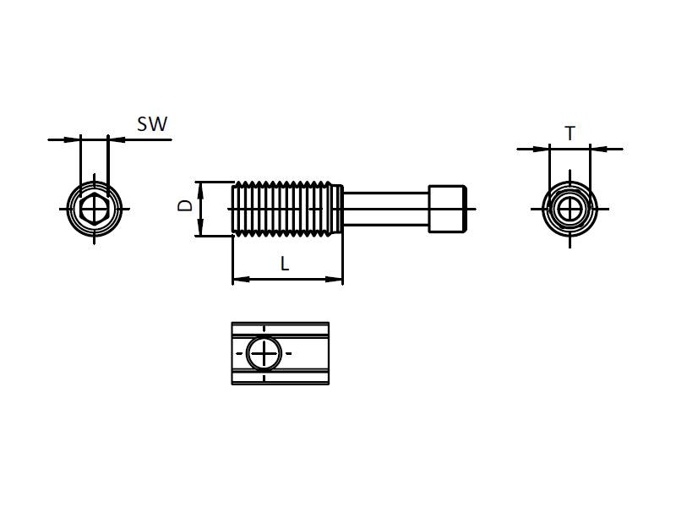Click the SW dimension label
[152, 124]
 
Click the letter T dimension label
[570, 134]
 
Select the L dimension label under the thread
[285, 264]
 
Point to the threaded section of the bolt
[285, 208]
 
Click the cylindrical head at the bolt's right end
[448, 208]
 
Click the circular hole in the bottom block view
[264, 352]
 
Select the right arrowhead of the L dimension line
[337, 279]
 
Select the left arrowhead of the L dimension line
[237, 279]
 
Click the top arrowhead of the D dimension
[200, 187]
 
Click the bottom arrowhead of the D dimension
[200, 231]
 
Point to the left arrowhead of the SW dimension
[74, 139]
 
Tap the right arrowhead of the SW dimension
[114, 139]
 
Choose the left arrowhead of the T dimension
[543, 150]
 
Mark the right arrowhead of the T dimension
[596, 150]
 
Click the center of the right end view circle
[570, 207]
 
